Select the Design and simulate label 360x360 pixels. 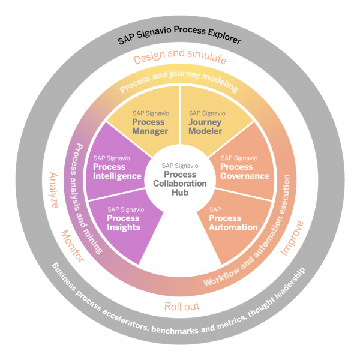[180, 59]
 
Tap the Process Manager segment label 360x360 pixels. [148, 122]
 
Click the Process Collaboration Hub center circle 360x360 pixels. [180, 179]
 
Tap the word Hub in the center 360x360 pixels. [180, 193]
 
